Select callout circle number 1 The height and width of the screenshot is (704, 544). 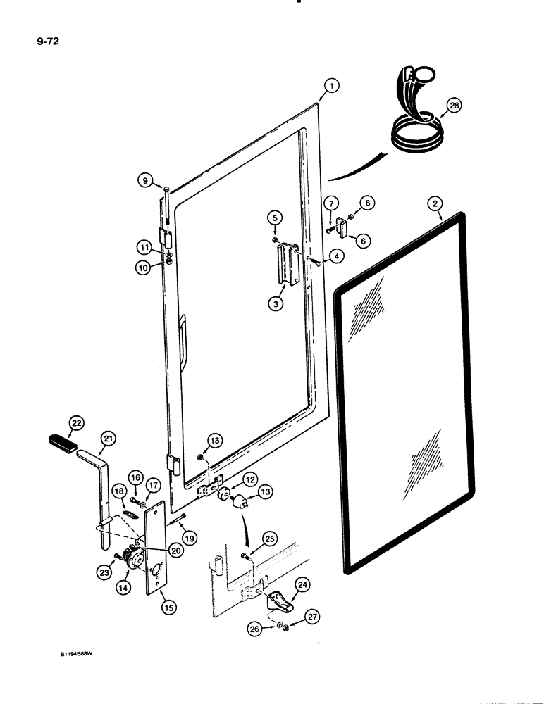tap(330, 87)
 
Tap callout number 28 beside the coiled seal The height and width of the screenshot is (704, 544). tap(454, 107)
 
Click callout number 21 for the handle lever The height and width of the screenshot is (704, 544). tap(106, 439)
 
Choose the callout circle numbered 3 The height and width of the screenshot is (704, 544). tap(276, 304)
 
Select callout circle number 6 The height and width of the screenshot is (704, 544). tap(364, 240)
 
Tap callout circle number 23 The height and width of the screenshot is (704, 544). tap(103, 574)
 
